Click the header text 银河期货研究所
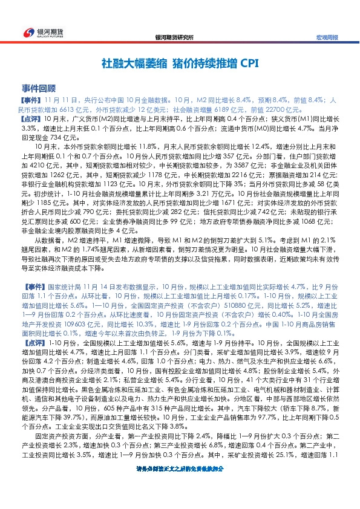coord(175,37)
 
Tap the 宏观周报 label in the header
coord(327,37)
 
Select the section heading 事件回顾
coord(38,88)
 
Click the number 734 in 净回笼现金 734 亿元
coord(52,137)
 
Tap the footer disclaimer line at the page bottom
coord(180,502)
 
